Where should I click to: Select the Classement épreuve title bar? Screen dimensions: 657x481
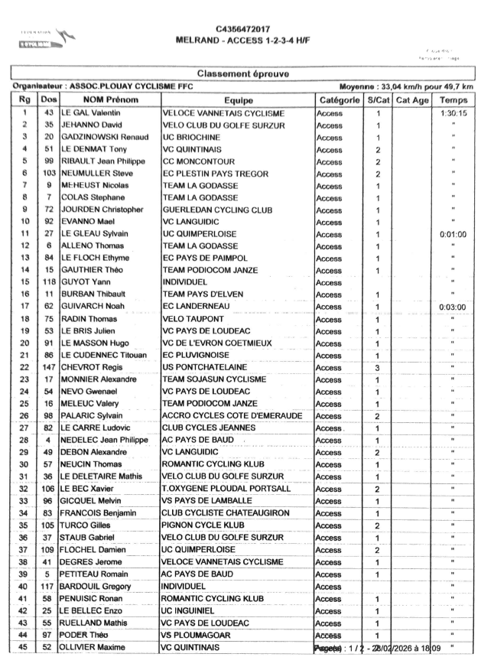click(x=243, y=74)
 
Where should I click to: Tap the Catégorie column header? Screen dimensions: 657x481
click(x=336, y=100)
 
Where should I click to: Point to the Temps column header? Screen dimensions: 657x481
click(x=453, y=100)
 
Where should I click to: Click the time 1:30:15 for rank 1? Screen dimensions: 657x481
click(x=453, y=113)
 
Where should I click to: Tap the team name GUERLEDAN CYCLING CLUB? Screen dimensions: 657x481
click(x=217, y=209)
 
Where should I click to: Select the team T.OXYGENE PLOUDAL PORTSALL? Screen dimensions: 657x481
click(x=226, y=488)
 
